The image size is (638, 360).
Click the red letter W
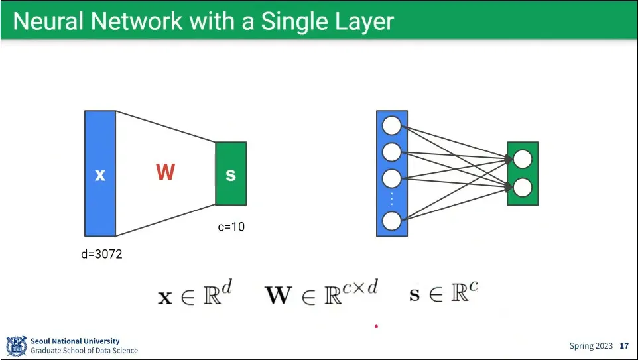(165, 172)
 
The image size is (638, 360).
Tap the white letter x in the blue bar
(100, 175)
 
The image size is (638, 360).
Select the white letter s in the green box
(231, 174)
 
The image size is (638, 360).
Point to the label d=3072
(101, 254)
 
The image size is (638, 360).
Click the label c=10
(231, 227)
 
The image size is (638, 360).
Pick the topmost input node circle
(392, 125)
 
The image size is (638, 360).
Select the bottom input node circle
(392, 221)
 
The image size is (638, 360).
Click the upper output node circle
(523, 159)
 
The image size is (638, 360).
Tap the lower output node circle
(523, 188)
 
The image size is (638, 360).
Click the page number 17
(624, 346)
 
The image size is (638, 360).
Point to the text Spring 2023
(591, 346)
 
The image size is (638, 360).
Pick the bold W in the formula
(278, 295)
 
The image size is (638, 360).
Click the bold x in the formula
(165, 296)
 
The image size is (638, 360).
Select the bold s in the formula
(415, 295)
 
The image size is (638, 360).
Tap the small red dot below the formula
(376, 326)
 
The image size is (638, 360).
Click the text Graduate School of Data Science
(84, 351)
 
